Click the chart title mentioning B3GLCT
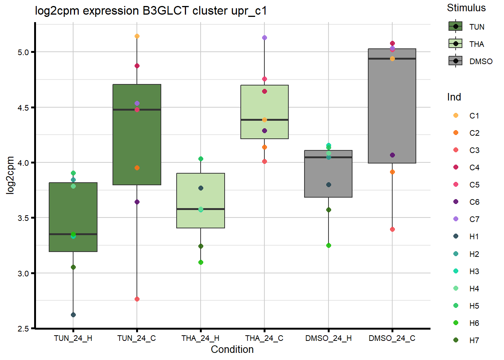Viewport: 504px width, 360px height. click(151, 11)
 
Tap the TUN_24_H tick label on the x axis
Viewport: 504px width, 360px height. click(73, 338)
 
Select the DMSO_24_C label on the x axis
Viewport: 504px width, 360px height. click(392, 338)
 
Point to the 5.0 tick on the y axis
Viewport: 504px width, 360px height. click(23, 52)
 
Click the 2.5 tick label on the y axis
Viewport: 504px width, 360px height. click(23, 328)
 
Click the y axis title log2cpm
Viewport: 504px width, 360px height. click(10, 175)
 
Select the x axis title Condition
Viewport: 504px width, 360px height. click(232, 349)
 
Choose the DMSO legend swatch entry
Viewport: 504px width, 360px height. click(456, 61)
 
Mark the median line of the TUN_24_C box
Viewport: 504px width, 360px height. click(137, 110)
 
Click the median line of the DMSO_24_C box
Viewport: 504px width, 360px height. click(392, 59)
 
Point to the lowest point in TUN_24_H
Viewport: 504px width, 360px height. click(73, 315)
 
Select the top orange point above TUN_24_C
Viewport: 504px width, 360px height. click(137, 36)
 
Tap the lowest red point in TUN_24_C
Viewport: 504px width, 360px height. click(137, 299)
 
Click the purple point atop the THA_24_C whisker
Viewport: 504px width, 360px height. click(264, 38)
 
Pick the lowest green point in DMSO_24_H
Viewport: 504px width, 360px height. click(328, 245)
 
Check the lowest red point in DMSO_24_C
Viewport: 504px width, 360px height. click(392, 229)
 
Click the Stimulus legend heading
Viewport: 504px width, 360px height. click(466, 8)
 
